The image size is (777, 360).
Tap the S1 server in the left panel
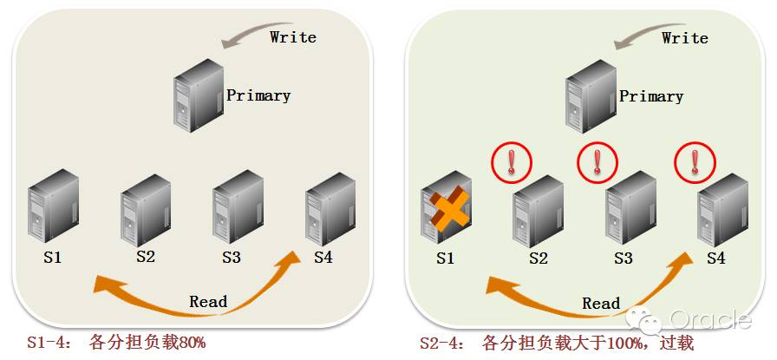[53, 209]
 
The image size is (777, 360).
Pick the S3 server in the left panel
[238, 207]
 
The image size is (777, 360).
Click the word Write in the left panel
[293, 37]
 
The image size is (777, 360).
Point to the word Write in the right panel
[685, 38]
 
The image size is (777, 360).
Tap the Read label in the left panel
[208, 302]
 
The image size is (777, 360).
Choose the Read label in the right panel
[601, 304]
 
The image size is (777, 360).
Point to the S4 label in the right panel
[715, 258]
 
